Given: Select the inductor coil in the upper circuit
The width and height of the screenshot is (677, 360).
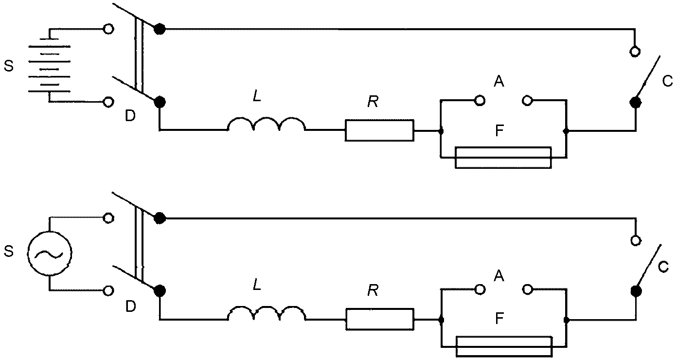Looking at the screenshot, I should [x=267, y=125].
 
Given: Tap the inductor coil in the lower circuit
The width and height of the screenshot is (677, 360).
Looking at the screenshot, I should [x=267, y=314].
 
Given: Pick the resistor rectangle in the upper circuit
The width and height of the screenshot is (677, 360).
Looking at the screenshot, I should [x=379, y=130].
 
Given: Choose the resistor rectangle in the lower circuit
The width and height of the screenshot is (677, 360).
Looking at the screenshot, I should [x=379, y=319].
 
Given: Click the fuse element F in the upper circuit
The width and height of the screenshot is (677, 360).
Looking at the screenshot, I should [x=503, y=157].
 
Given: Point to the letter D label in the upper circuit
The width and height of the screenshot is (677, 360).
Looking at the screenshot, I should [x=130, y=116].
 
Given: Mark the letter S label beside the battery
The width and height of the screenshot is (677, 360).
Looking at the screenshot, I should [x=8, y=66].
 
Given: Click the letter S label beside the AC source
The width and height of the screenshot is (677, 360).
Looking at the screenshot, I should [x=8, y=252].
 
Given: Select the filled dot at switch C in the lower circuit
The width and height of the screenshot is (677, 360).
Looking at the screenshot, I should [x=635, y=291].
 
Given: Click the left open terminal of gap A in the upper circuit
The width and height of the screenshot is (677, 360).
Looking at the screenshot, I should [x=480, y=101].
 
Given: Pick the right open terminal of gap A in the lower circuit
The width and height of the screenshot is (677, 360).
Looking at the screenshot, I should [x=527, y=290].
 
